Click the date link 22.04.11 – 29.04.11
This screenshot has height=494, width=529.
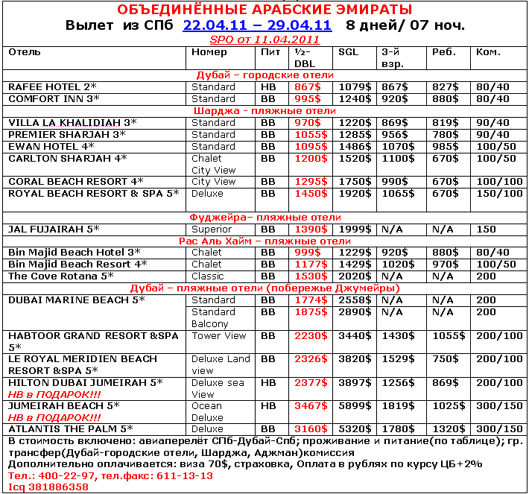pos(257,25)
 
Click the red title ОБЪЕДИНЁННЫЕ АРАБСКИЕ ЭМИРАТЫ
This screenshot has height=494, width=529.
pos(264,9)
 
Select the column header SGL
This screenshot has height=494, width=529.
pos(348,53)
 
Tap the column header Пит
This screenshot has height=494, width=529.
pos(271,53)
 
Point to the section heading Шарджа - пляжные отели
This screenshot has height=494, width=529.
pos(264,111)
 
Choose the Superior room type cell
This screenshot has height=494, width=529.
pos(213,229)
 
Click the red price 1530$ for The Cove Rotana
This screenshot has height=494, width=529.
pos(311,276)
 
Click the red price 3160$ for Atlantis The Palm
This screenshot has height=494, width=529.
pos(311,430)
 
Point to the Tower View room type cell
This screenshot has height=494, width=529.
pos(219,336)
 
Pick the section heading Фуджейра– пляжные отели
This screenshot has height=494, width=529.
pos(264,218)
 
